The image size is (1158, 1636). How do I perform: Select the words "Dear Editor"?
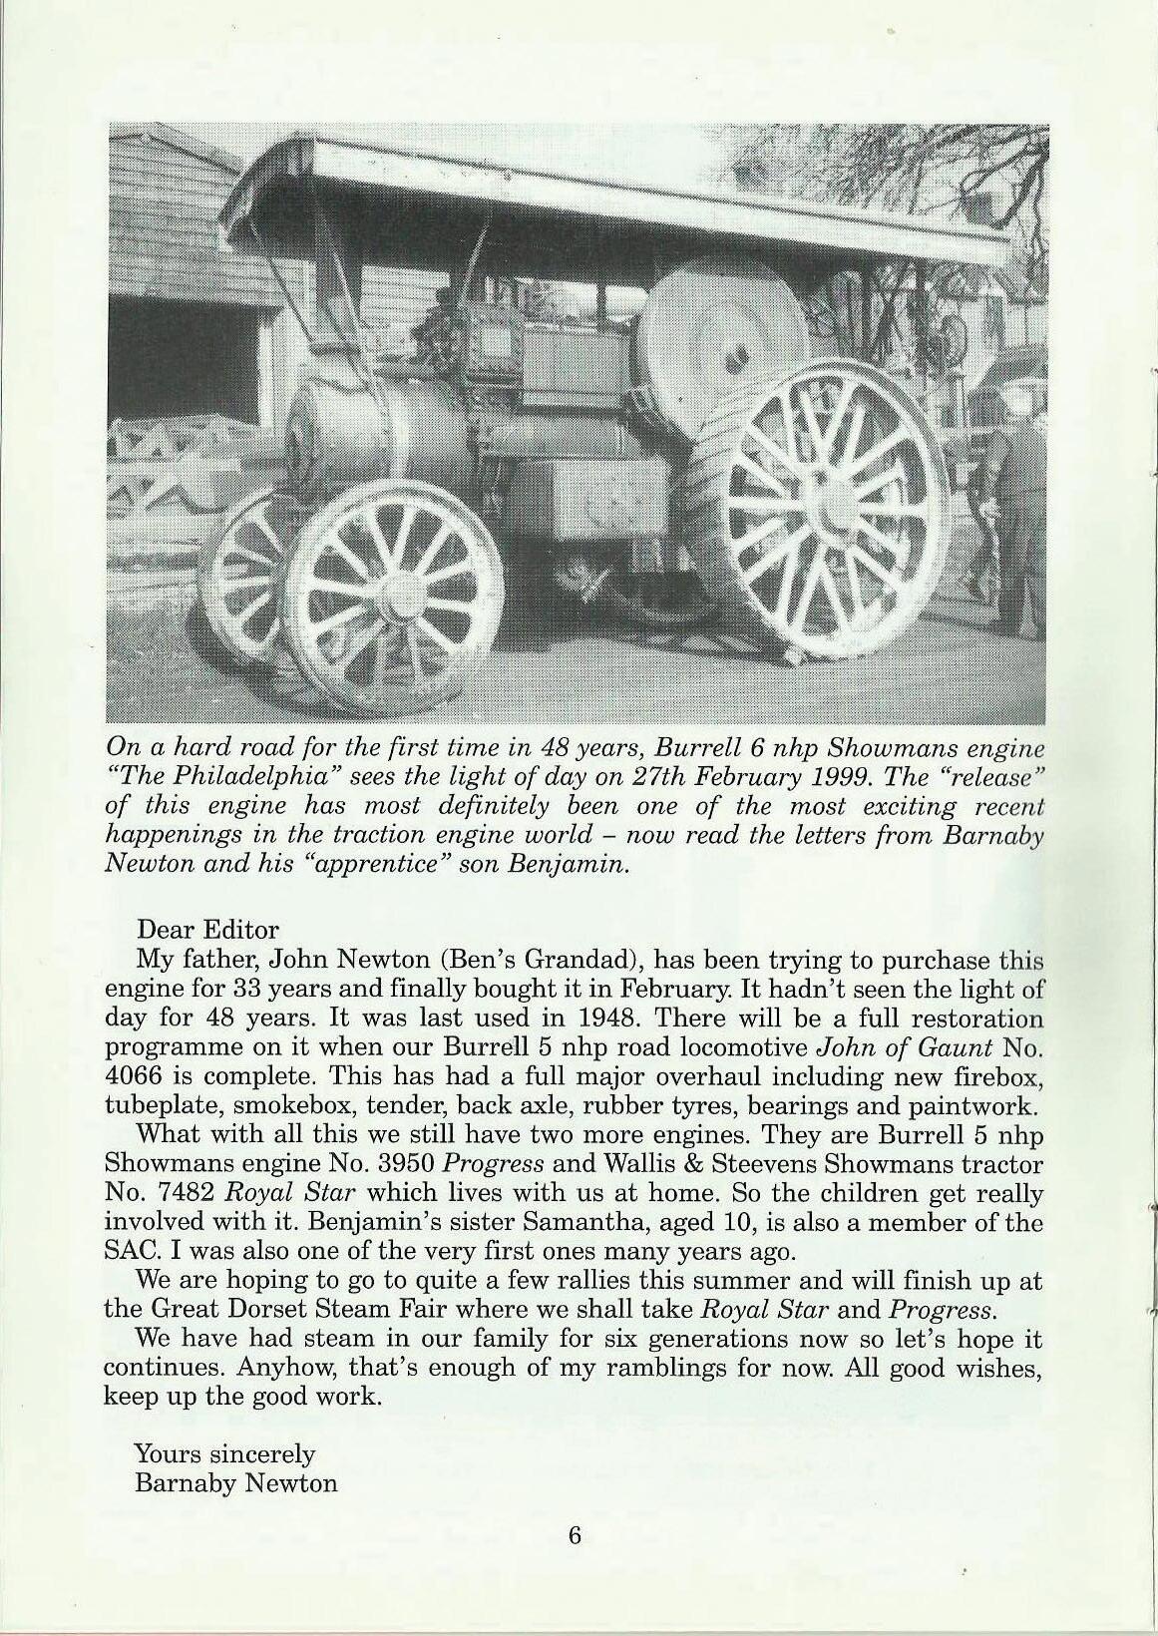[x=207, y=930]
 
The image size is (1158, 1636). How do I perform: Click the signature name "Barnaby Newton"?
[x=235, y=1482]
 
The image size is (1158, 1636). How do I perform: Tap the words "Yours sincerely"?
[x=224, y=1453]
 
